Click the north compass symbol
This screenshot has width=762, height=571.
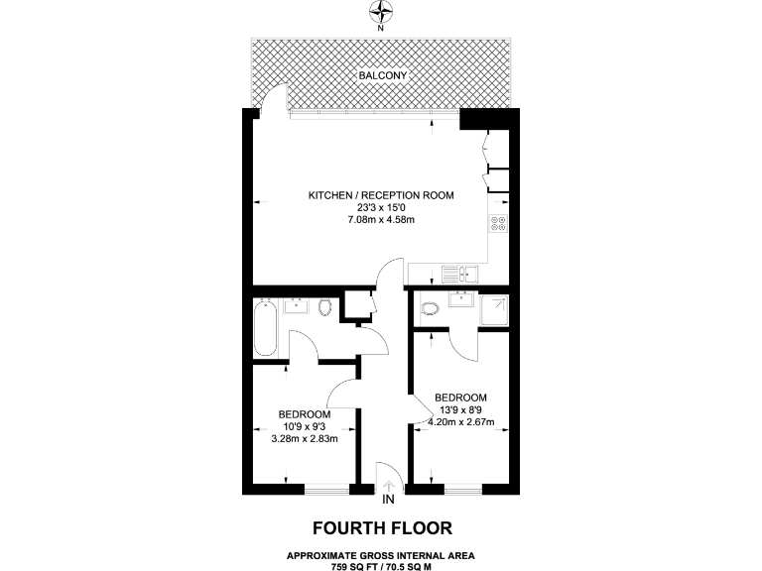click(x=381, y=12)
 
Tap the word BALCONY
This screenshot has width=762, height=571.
click(x=381, y=75)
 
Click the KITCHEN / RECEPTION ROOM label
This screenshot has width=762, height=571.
click(x=381, y=195)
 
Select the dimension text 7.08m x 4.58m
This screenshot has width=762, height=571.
click(x=381, y=219)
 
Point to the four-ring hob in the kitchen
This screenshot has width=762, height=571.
click(x=497, y=225)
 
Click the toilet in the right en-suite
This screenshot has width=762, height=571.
click(x=430, y=308)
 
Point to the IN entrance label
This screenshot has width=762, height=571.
click(x=388, y=499)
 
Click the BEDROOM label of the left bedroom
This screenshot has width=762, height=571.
click(x=305, y=413)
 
